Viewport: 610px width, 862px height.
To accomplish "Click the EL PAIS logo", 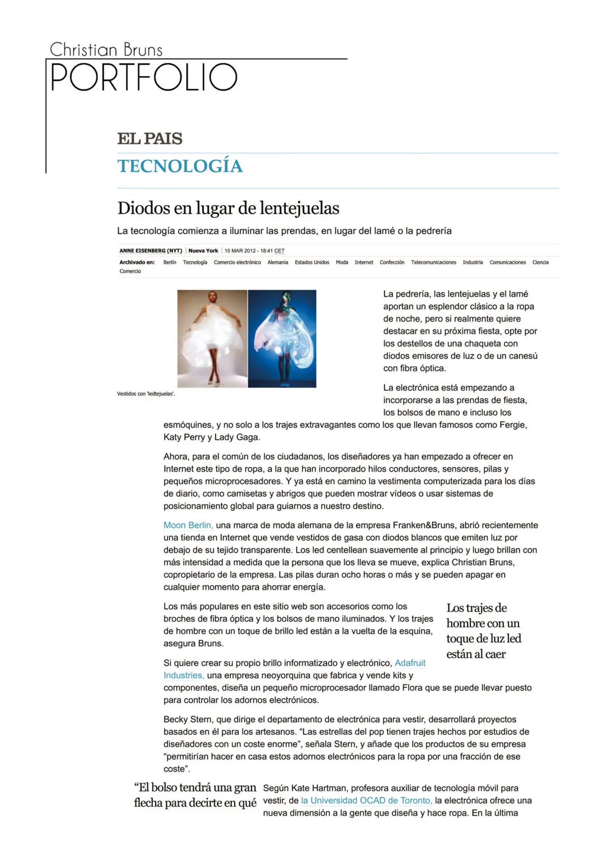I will pos(149,138).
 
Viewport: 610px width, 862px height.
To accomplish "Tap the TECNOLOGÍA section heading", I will pos(180,166).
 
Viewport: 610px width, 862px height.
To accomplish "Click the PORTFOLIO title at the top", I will pos(144,77).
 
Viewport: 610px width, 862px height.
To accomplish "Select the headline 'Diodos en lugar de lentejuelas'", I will pos(228,208).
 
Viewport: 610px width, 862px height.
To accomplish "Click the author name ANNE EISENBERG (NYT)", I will pos(151,251).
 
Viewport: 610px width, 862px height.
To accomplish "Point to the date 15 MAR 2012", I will pos(240,251).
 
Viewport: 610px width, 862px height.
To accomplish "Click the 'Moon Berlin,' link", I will pos(188,525).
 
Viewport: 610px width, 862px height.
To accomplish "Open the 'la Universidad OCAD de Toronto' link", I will pos(366,800).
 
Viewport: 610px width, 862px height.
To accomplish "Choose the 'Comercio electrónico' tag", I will pos(237,262).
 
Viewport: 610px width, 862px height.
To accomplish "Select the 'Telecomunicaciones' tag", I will pos(433,262).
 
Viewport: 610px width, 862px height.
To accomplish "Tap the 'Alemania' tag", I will pos(278,262).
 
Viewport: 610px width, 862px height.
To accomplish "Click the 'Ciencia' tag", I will pos(540,262).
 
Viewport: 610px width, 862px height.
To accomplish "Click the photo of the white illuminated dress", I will pos(212,338).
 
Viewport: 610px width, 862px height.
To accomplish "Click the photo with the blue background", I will pos(282,338).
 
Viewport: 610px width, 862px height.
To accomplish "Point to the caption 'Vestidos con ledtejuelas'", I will pos(146,394).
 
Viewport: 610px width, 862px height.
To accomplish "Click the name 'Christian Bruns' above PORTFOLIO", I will pos(106,50).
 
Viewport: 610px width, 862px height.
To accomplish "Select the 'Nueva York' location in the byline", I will pos(203,251).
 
